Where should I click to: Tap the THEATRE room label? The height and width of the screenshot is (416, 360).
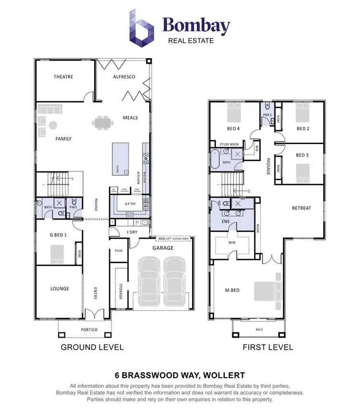(x=63, y=77)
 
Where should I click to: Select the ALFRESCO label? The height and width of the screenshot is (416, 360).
(x=124, y=77)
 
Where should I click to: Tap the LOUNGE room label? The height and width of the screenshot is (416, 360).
(x=60, y=289)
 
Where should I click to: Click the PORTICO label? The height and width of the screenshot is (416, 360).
(x=89, y=330)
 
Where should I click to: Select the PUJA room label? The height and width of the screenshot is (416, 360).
(x=119, y=250)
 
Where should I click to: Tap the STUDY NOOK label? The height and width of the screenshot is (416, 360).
(x=229, y=144)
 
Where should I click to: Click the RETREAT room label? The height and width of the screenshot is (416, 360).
(x=301, y=208)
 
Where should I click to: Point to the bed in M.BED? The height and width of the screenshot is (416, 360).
(x=265, y=291)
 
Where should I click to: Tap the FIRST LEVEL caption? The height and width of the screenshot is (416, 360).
(x=268, y=347)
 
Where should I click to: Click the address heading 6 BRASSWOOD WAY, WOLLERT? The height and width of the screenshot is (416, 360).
(x=180, y=375)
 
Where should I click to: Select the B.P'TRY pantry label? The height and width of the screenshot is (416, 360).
(x=130, y=204)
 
